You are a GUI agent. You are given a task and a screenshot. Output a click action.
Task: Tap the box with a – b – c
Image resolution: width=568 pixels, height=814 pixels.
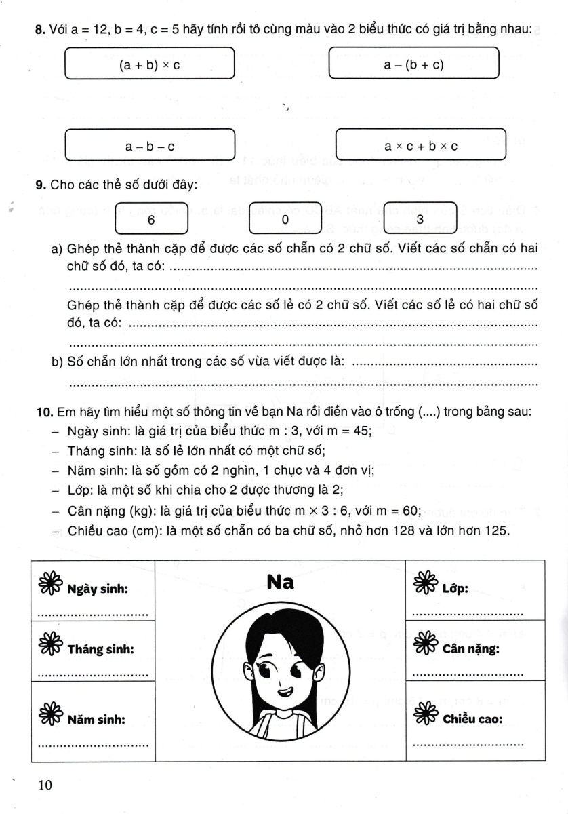click(149, 146)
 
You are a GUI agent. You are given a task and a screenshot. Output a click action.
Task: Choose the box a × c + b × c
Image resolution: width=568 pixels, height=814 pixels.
click(421, 146)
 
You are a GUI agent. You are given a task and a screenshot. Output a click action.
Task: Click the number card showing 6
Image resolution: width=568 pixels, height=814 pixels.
click(151, 220)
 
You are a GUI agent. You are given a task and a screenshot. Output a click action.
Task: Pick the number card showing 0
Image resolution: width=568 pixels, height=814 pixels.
click(285, 220)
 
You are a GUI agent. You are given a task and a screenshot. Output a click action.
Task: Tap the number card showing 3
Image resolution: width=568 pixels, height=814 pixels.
click(420, 220)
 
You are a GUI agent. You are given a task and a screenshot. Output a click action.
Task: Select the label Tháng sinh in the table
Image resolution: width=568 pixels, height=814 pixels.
click(100, 648)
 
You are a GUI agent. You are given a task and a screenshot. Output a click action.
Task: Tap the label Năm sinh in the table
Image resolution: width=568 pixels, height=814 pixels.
click(98, 717)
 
